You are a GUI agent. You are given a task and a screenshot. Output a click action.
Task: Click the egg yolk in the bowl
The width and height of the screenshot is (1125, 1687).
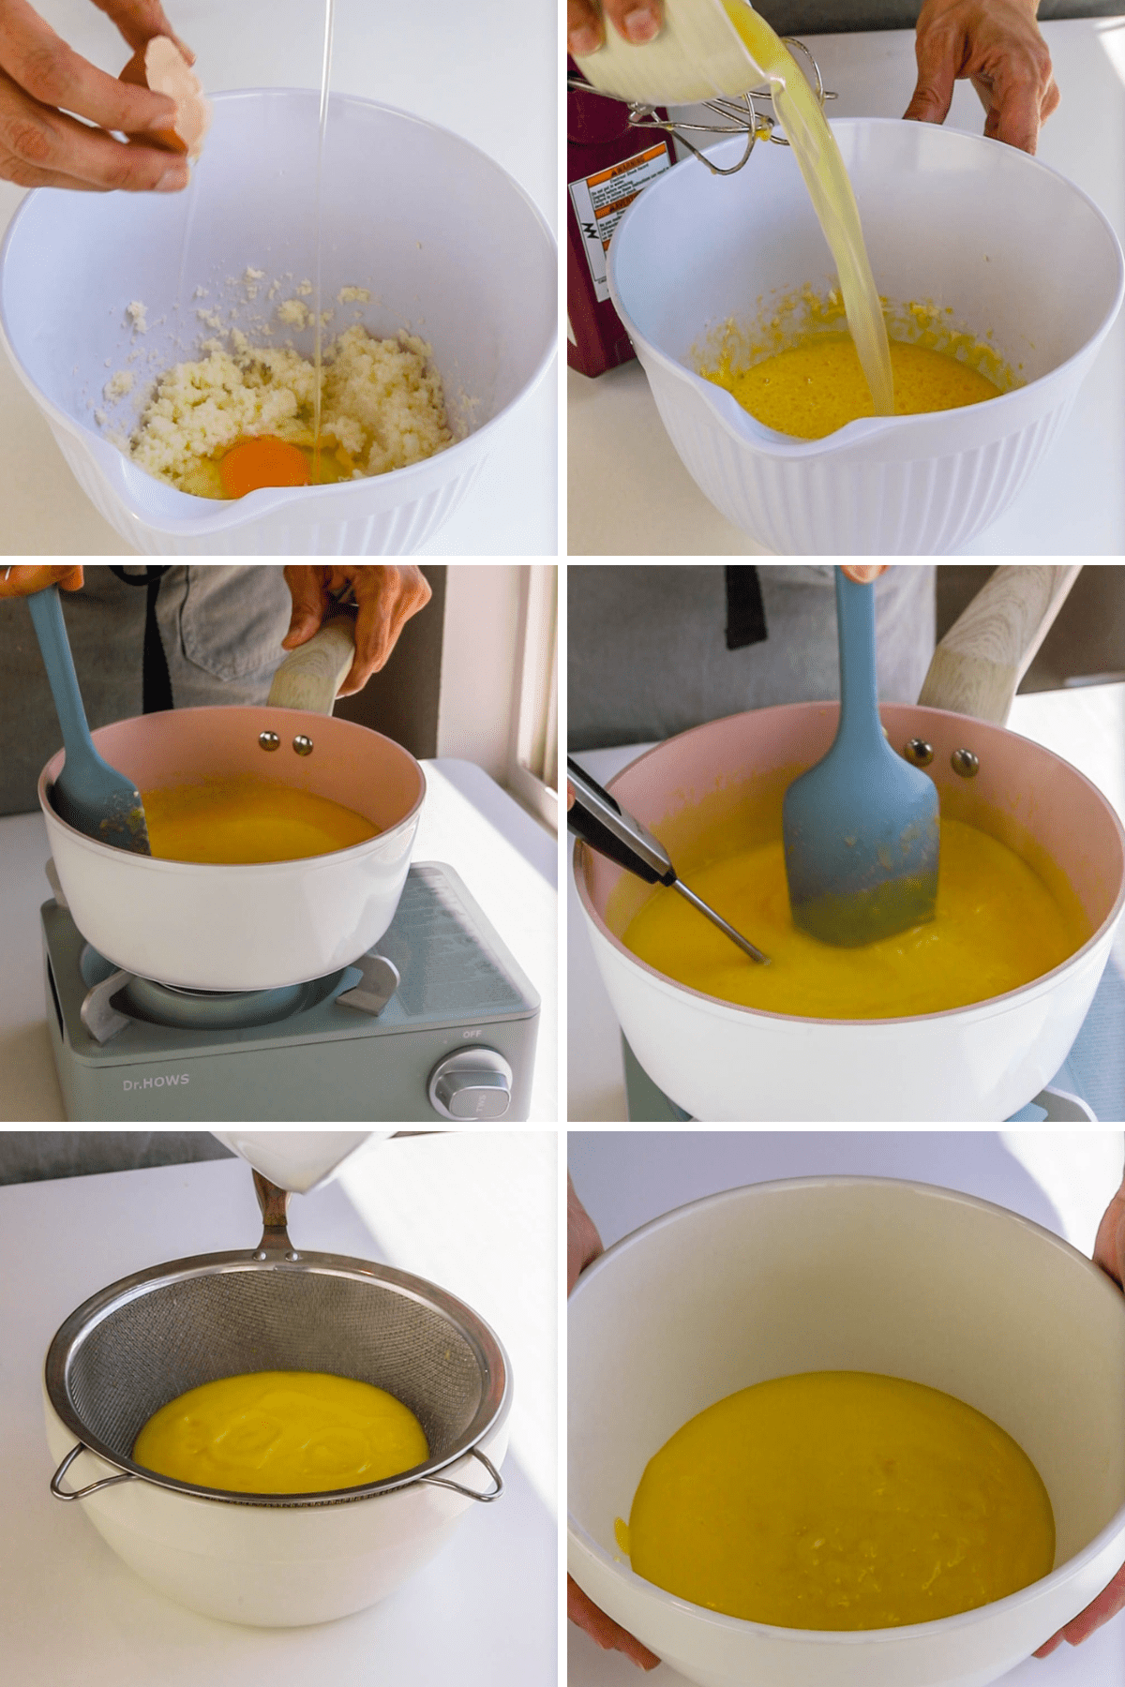(x=263, y=466)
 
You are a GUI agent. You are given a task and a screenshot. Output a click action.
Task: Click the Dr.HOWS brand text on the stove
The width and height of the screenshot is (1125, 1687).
(x=156, y=1082)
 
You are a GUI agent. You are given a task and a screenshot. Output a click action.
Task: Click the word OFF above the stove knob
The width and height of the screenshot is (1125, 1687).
(x=471, y=1034)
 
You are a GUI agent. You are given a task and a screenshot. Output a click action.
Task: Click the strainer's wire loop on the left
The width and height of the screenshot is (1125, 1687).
(x=75, y=1472)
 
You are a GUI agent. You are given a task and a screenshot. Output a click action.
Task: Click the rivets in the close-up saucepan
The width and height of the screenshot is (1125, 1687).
(x=941, y=757)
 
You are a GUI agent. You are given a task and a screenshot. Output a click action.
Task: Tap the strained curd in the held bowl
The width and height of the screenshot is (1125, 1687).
(x=839, y=1490)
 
